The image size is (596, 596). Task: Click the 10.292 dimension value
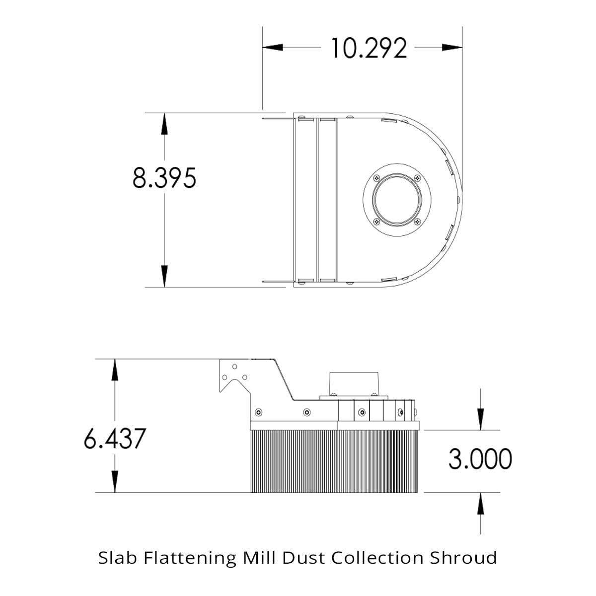tap(369, 48)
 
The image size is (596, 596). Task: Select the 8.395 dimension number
tap(164, 178)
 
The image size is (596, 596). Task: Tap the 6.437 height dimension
tap(115, 438)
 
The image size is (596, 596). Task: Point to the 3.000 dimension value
tap(480, 459)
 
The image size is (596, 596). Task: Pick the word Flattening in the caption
tap(190, 559)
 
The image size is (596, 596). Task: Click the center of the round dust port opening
tap(397, 200)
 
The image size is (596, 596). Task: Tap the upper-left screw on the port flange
tap(376, 178)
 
